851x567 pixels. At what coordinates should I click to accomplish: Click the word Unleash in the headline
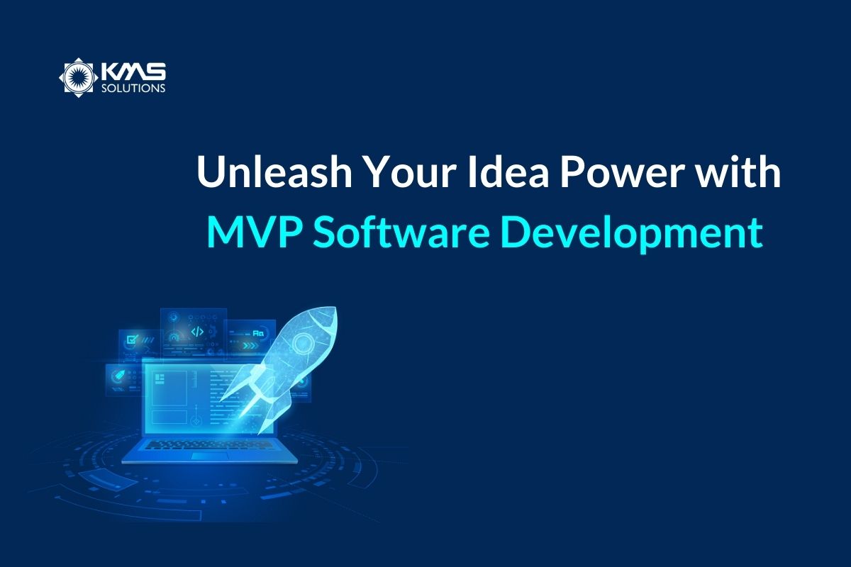click(274, 172)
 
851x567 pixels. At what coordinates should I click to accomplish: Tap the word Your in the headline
click(409, 172)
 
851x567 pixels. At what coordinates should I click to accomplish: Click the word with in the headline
click(736, 172)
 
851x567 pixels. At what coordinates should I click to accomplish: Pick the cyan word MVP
click(255, 232)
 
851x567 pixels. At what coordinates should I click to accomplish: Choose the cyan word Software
click(401, 232)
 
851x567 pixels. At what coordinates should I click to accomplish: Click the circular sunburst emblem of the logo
click(79, 78)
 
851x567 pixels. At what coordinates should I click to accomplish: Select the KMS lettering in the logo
click(133, 72)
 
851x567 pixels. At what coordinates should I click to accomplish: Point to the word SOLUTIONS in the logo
click(133, 88)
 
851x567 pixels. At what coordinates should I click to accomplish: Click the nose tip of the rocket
click(335, 308)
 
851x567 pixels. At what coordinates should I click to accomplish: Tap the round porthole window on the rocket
click(303, 342)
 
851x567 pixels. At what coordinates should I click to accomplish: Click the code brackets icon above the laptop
click(197, 332)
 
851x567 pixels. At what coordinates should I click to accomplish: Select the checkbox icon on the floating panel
click(133, 339)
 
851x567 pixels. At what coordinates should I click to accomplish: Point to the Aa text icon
click(258, 334)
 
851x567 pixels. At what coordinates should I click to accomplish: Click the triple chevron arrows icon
click(250, 346)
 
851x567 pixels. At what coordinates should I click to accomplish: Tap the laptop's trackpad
click(210, 456)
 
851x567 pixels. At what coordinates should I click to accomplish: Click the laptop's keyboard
click(210, 444)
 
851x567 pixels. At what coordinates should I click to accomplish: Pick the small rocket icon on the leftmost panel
click(116, 376)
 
